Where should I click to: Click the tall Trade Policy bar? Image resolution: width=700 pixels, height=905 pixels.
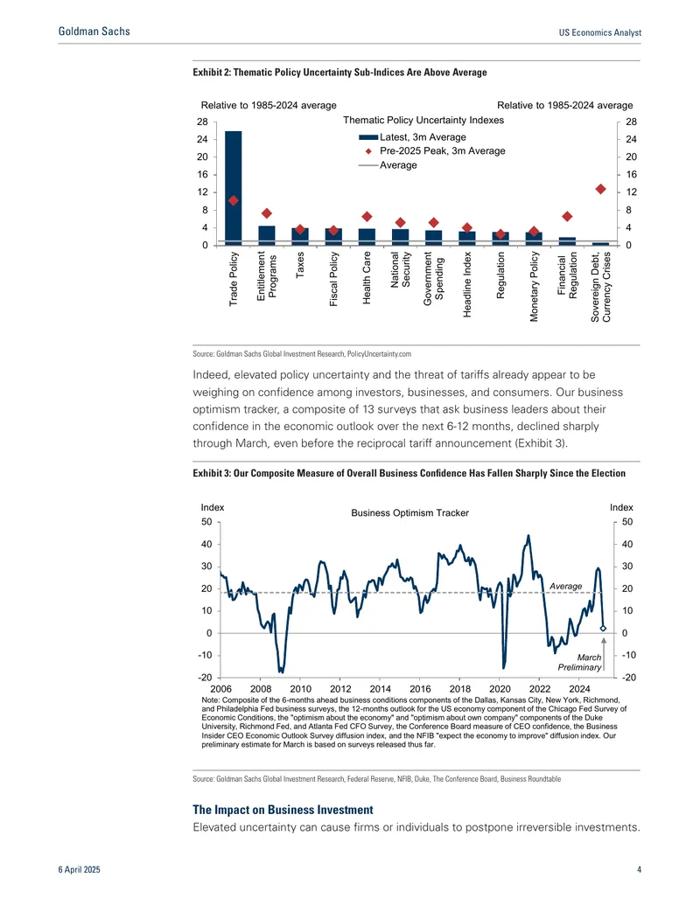pyautogui.click(x=234, y=188)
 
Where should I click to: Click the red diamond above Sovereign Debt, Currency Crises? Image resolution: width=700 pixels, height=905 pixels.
pyautogui.click(x=600, y=190)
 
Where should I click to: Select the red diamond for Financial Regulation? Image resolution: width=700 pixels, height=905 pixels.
pyautogui.click(x=567, y=217)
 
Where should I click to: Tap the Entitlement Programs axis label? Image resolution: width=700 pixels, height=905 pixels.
pyautogui.click(x=267, y=276)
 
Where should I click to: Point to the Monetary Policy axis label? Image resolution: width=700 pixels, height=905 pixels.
pyautogui.click(x=534, y=286)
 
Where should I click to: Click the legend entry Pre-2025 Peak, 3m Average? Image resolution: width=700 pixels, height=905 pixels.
pyautogui.click(x=432, y=150)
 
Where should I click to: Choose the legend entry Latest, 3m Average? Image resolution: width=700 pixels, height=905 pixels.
pyautogui.click(x=412, y=136)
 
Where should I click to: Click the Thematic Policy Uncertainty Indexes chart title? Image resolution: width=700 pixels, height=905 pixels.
pyautogui.click(x=423, y=120)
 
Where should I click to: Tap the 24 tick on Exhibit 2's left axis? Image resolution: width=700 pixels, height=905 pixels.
pyautogui.click(x=202, y=139)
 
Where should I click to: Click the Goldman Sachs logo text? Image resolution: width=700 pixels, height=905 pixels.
pyautogui.click(x=94, y=31)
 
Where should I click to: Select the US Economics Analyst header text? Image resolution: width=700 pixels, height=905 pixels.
pyautogui.click(x=600, y=33)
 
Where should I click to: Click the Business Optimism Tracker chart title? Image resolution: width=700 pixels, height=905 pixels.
pyautogui.click(x=410, y=512)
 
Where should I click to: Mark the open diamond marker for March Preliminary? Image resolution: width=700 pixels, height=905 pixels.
pyautogui.click(x=603, y=628)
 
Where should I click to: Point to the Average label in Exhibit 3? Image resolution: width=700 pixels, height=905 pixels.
pyautogui.click(x=565, y=586)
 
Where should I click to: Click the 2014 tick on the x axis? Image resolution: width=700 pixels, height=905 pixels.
pyautogui.click(x=380, y=688)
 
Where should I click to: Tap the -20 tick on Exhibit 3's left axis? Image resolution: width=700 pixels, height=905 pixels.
pyautogui.click(x=205, y=678)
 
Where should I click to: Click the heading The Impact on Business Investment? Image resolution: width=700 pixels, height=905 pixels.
pyautogui.click(x=283, y=810)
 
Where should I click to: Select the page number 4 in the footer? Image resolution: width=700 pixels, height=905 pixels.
pyautogui.click(x=640, y=869)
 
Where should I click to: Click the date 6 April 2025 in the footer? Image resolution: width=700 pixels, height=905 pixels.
pyautogui.click(x=79, y=870)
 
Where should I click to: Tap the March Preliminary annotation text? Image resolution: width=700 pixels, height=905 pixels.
pyautogui.click(x=580, y=662)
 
